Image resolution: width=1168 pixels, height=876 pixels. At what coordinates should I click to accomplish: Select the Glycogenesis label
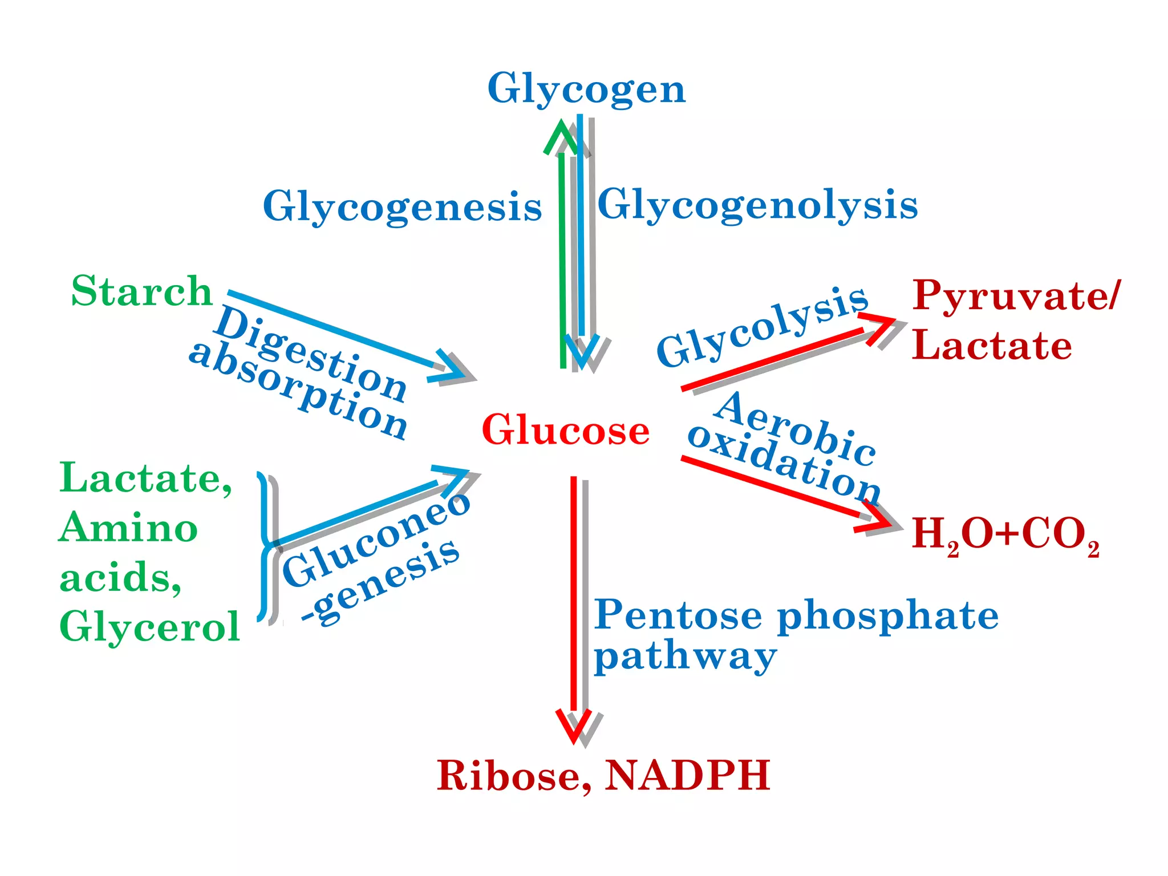pyautogui.click(x=402, y=206)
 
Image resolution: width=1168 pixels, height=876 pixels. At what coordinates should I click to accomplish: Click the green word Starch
pyautogui.click(x=141, y=291)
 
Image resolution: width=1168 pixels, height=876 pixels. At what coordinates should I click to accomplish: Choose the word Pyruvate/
pyautogui.click(x=1016, y=295)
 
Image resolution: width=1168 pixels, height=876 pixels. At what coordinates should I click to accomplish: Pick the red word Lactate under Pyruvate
pyautogui.click(x=992, y=345)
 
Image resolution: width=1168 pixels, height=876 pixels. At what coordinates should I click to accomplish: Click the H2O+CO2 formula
pyautogui.click(x=1005, y=534)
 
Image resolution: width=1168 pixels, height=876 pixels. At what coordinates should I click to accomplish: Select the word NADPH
pyautogui.click(x=687, y=776)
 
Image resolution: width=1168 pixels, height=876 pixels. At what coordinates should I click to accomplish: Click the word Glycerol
pyautogui.click(x=149, y=627)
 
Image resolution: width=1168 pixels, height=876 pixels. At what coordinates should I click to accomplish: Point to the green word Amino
pyautogui.click(x=128, y=528)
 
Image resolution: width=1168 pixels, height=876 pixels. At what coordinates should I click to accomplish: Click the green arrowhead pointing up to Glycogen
pyautogui.click(x=561, y=136)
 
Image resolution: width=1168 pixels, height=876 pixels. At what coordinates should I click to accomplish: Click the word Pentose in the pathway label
pyautogui.click(x=678, y=615)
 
